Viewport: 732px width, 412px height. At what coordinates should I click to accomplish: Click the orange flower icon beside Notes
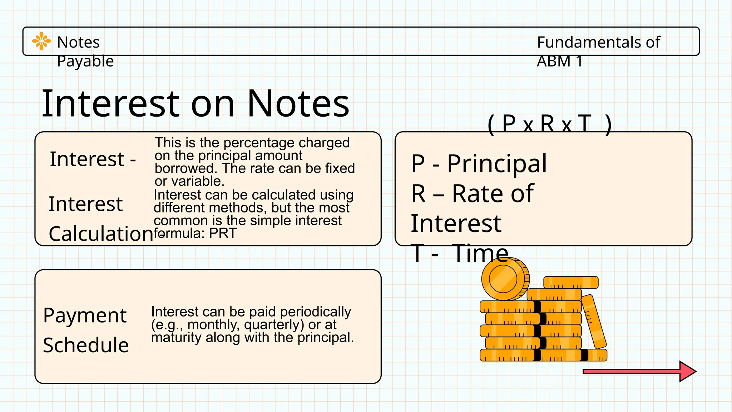tap(41, 41)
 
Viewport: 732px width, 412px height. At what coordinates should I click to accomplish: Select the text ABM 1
tap(559, 61)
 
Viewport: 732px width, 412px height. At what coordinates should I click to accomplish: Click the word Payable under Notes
tap(85, 61)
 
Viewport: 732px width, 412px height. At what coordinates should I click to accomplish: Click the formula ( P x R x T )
tap(549, 124)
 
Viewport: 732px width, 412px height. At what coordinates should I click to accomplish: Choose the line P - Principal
tap(479, 163)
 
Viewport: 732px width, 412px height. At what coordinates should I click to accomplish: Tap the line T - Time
tap(460, 253)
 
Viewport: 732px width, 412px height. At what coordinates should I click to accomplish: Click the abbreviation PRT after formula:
tap(223, 234)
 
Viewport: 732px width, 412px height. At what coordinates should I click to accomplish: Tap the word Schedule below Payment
tap(86, 345)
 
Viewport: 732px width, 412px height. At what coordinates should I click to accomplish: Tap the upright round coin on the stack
tap(504, 279)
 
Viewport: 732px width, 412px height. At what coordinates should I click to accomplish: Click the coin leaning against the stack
tap(594, 321)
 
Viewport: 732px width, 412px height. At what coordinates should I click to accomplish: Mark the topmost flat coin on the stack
tap(571, 282)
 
